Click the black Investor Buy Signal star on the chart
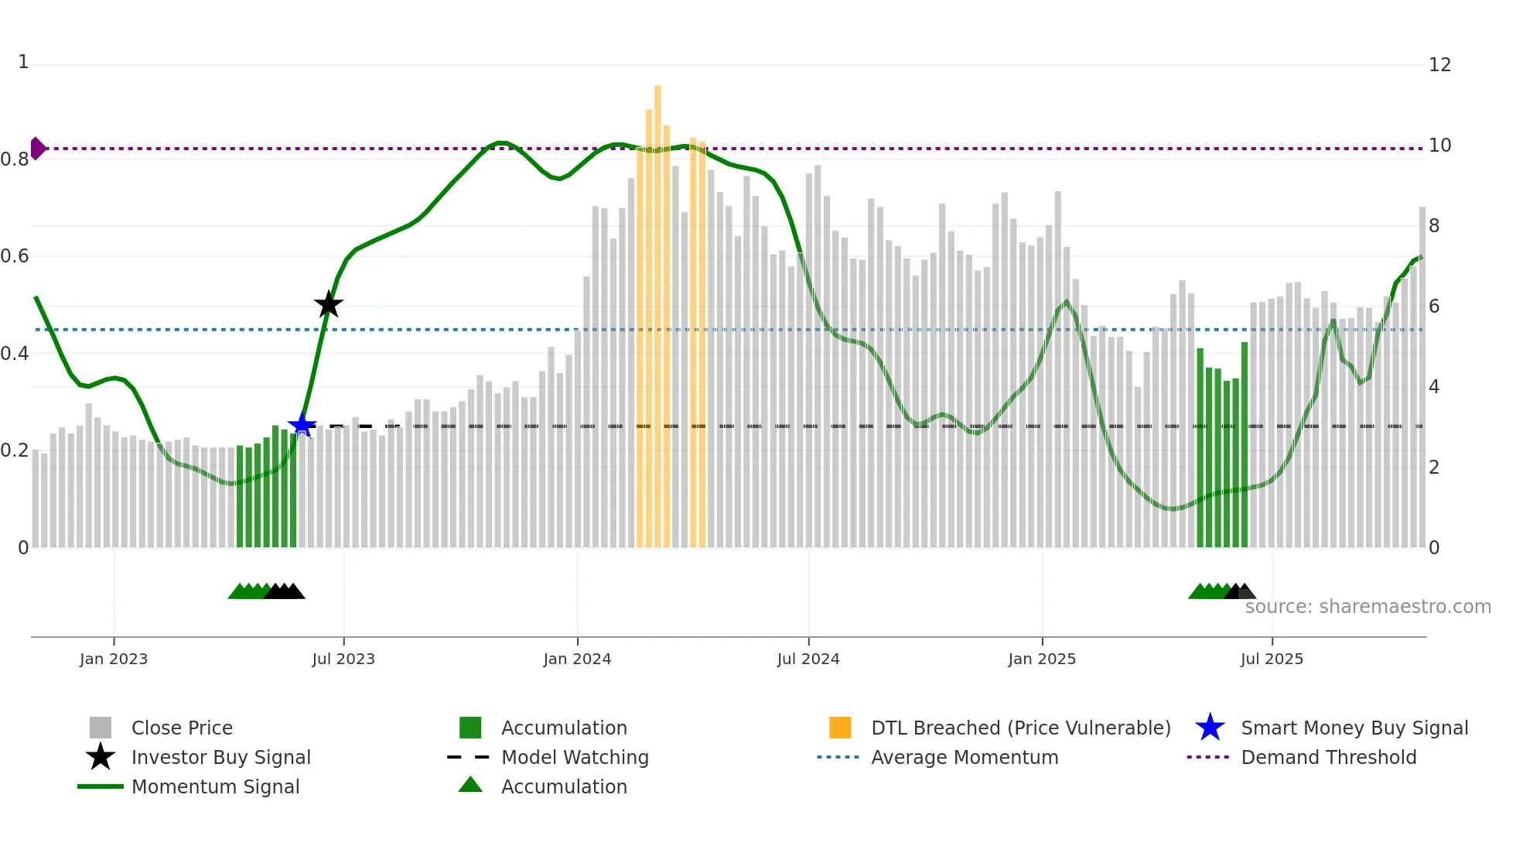pos(329,304)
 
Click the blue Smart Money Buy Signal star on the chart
pos(302,425)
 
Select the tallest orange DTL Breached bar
pos(657,310)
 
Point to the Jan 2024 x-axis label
pos(577,659)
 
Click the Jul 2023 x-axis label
pos(343,659)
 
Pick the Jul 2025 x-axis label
pos(1272,659)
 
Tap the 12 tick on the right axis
pos(1439,65)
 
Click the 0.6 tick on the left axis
pos(15,256)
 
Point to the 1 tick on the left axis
pos(23,62)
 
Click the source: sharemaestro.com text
pos(1367,606)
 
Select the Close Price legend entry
pos(182,728)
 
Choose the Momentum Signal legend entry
pos(215,786)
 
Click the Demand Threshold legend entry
pos(1328,757)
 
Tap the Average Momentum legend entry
pos(964,757)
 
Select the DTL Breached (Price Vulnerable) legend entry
pos(1020,728)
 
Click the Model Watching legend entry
pos(574,757)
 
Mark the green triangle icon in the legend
pos(470,785)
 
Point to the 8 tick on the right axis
pos(1434,226)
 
